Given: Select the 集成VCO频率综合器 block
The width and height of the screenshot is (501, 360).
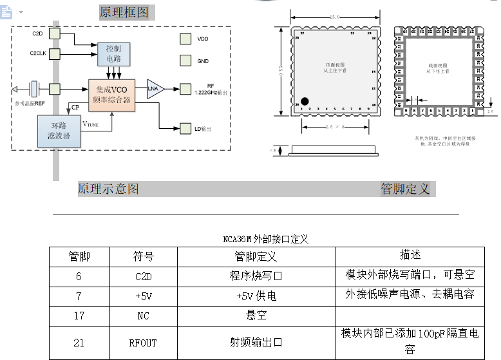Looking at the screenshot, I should click(x=112, y=95).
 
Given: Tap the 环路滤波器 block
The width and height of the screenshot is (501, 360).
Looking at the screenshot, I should click(x=59, y=131).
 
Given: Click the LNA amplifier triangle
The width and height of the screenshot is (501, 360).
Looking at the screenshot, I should click(x=155, y=89).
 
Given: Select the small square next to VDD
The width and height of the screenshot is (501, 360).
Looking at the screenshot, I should click(x=185, y=39).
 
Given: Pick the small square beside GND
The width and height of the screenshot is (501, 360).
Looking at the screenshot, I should click(x=185, y=61).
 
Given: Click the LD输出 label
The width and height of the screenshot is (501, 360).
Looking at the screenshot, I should click(x=203, y=129).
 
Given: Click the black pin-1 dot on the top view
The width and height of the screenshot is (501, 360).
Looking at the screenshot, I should click(x=305, y=101).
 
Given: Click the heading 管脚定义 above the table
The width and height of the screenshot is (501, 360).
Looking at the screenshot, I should click(x=405, y=189).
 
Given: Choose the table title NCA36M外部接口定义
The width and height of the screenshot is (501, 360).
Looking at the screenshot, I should click(x=266, y=239).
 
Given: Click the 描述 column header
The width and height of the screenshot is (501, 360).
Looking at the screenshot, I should click(x=410, y=255).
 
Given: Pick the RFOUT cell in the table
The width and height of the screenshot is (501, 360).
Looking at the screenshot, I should click(x=143, y=343).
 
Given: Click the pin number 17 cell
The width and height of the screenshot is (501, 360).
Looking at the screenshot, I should click(x=79, y=316).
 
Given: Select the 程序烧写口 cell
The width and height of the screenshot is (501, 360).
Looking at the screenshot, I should click(x=256, y=276).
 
